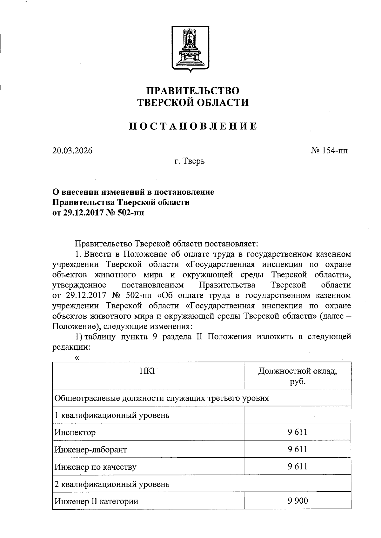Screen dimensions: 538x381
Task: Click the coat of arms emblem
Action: tap(190, 48)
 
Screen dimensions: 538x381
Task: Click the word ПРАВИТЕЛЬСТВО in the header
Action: tap(192, 91)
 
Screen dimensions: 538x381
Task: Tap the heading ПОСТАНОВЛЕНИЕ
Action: tap(193, 126)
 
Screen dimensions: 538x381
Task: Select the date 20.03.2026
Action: tap(72, 151)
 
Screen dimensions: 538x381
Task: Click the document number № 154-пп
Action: tap(329, 151)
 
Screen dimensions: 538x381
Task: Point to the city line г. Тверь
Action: tap(190, 161)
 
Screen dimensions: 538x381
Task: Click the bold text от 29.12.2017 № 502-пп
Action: tap(98, 212)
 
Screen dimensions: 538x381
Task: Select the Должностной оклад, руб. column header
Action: tap(297, 376)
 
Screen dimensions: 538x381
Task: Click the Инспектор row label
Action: tap(75, 433)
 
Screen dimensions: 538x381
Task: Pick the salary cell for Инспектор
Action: tap(297, 432)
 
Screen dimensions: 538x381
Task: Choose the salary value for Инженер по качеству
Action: tap(297, 466)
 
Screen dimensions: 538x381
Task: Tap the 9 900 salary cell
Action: tap(297, 501)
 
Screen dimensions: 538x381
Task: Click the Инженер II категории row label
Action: tap(96, 501)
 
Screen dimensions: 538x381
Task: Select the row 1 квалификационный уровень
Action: tap(112, 415)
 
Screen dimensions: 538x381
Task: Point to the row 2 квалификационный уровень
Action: tap(112, 484)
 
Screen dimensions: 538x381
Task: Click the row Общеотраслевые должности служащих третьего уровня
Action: tap(162, 398)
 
